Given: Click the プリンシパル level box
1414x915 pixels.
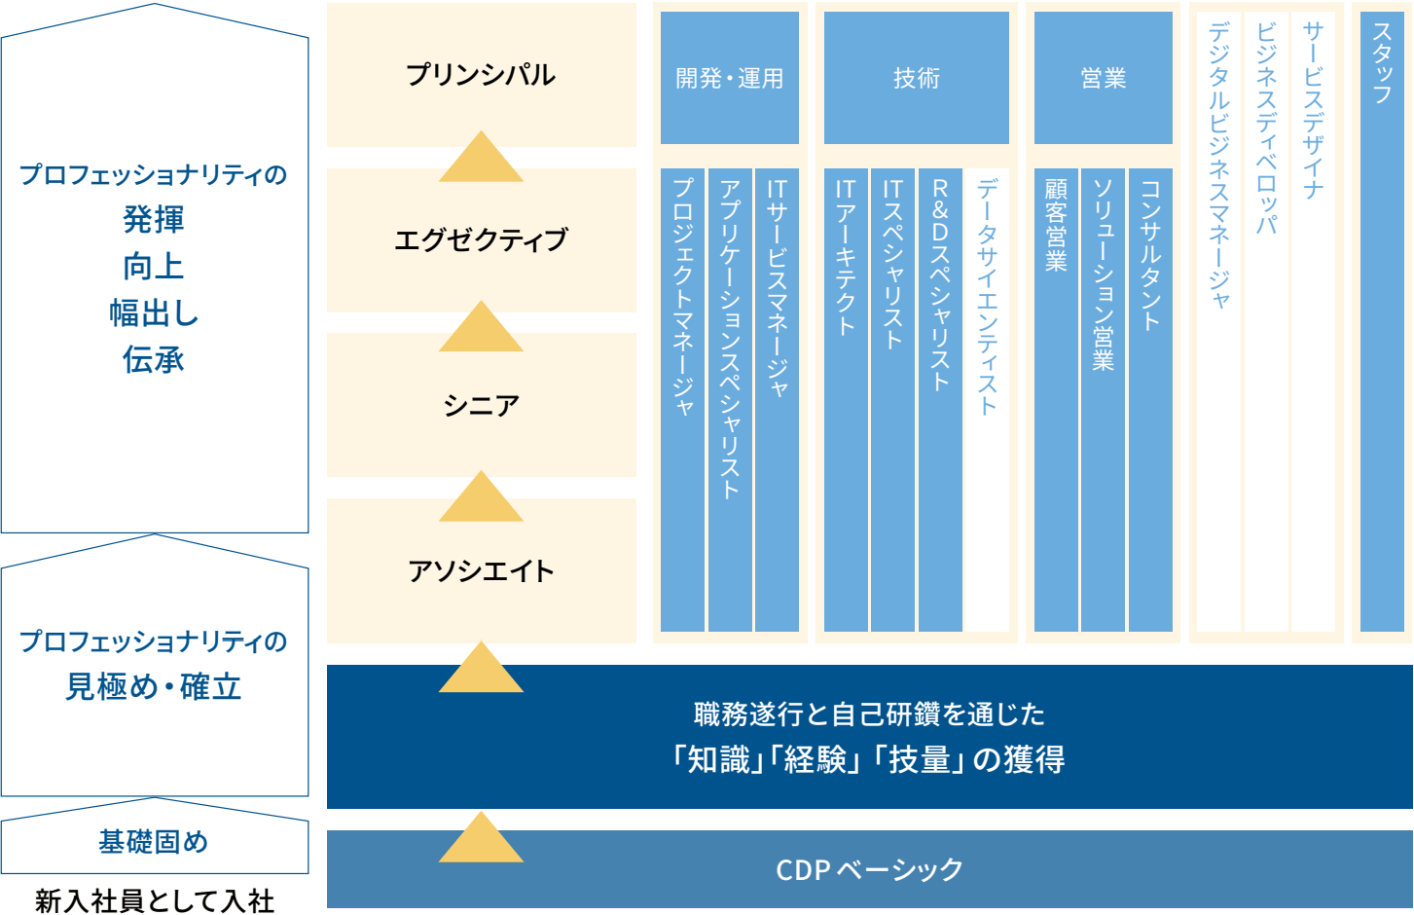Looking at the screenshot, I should [x=481, y=75].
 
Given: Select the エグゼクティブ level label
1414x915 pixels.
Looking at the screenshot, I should [x=481, y=239].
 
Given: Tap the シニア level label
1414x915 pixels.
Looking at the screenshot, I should [x=481, y=405].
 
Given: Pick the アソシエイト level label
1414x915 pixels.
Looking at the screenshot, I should [x=481, y=570].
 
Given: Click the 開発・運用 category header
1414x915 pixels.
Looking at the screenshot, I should [x=729, y=78].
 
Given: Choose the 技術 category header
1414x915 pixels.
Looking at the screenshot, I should [x=916, y=78].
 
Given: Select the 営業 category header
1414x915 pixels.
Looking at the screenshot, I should [x=1103, y=78].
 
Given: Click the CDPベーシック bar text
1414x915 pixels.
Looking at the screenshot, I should [x=869, y=869].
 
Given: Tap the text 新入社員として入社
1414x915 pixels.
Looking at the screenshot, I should [x=155, y=900].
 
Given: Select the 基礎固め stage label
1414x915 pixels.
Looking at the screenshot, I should [x=154, y=842].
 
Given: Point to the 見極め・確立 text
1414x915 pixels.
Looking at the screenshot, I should [x=154, y=687].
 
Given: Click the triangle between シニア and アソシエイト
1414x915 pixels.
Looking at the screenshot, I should [x=481, y=498].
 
